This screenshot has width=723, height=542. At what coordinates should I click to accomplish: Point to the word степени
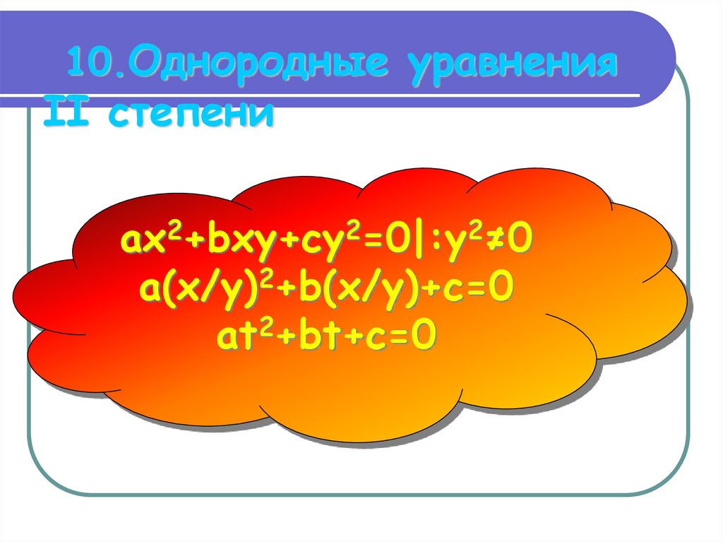(x=189, y=114)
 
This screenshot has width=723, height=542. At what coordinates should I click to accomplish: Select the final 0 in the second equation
(x=500, y=289)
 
